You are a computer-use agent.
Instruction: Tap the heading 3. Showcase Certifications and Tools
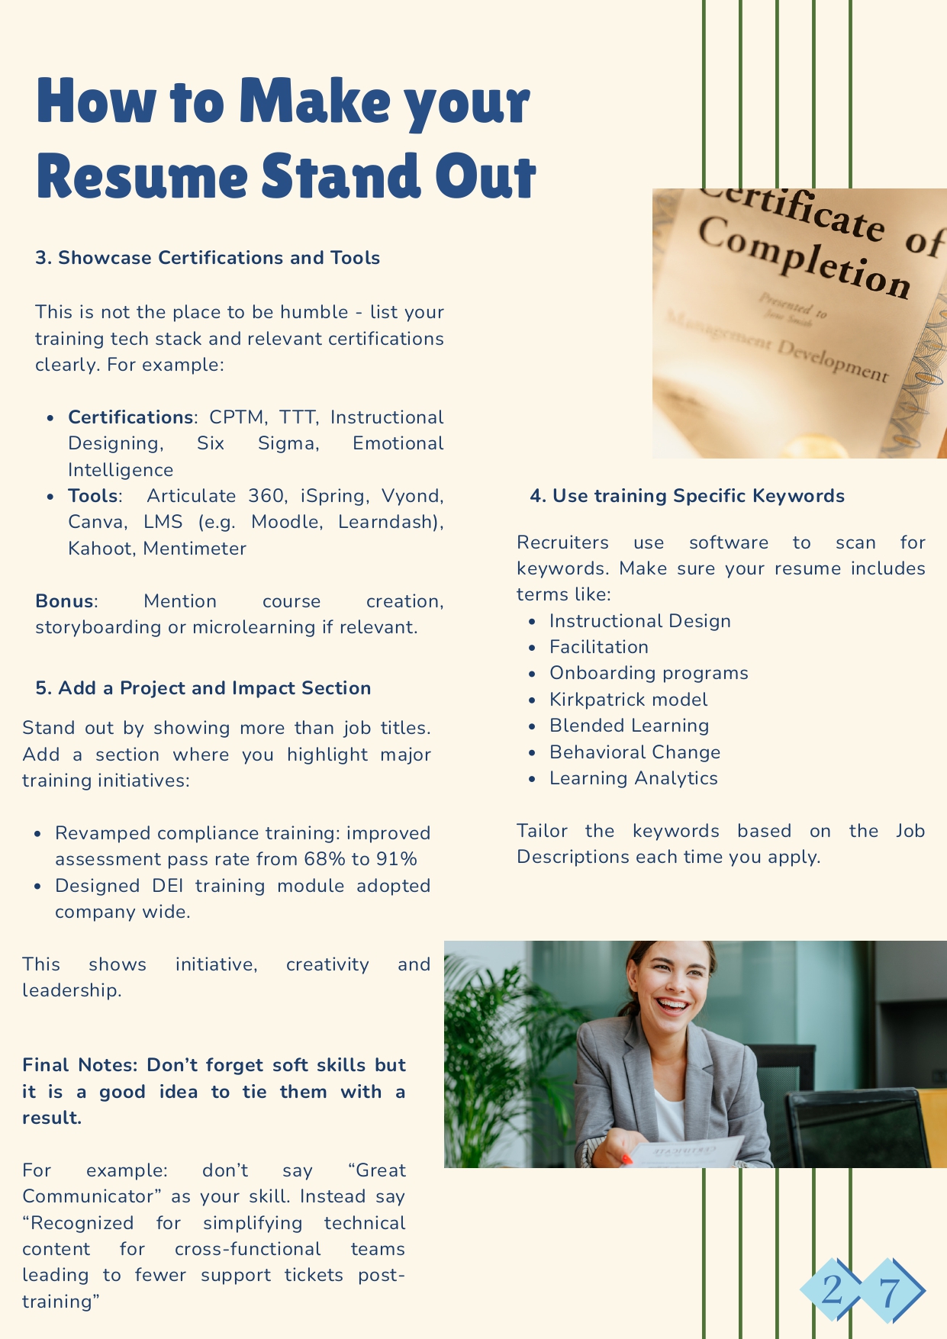click(x=208, y=258)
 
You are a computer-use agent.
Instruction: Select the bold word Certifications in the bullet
click(x=130, y=417)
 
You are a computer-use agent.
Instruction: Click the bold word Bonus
click(x=64, y=601)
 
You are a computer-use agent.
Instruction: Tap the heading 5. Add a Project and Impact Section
click(x=203, y=688)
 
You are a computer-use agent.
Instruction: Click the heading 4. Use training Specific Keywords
click(x=687, y=496)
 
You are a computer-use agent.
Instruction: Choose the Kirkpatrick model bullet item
click(x=628, y=700)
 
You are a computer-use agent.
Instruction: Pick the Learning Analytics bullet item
click(x=633, y=778)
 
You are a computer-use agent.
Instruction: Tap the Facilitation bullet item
click(x=599, y=647)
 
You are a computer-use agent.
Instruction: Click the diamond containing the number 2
click(x=833, y=1290)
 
